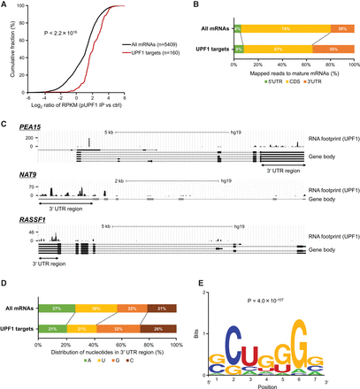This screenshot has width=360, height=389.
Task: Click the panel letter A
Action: click(x=6, y=5)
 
